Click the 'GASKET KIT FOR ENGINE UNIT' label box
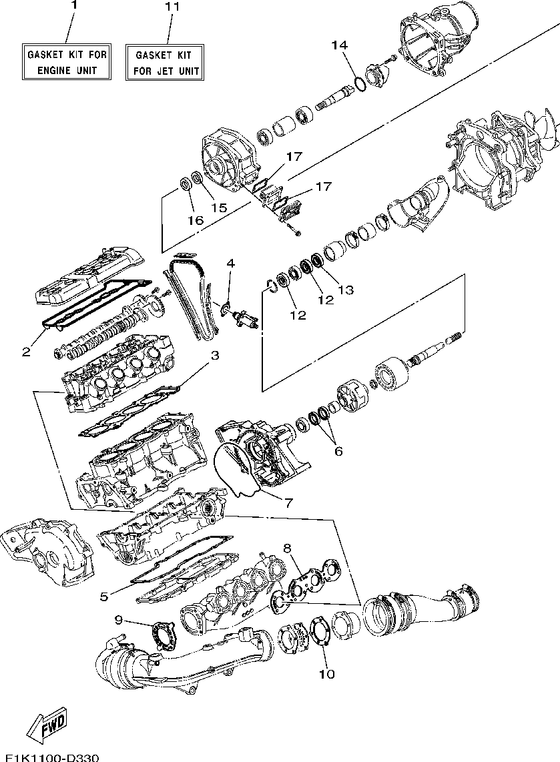67,62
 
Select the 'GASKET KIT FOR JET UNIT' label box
165,63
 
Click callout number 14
340,45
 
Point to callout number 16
196,220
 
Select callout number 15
219,208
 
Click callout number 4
230,264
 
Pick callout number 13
346,290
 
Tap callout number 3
214,355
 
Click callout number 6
338,452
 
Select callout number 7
288,503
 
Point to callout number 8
287,548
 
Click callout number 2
26,352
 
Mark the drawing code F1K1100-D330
49,757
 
